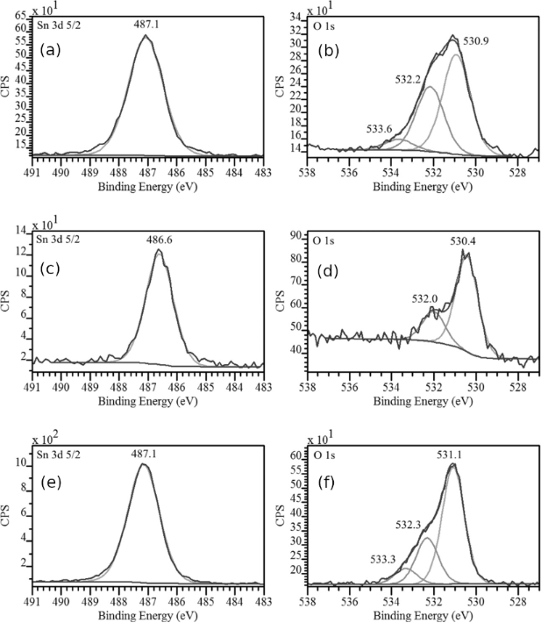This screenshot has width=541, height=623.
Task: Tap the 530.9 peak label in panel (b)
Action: (475, 41)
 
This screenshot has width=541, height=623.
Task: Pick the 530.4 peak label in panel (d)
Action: (463, 240)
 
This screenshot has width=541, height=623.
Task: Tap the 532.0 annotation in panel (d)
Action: (426, 298)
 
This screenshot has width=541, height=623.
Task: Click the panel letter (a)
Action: (50, 50)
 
